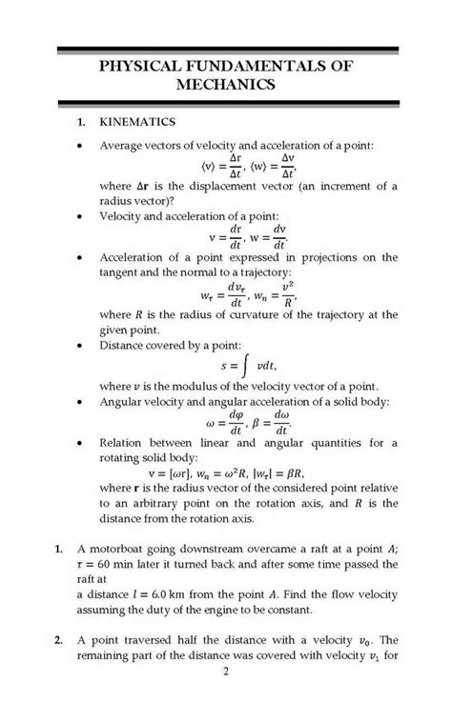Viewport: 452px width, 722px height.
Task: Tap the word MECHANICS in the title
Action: pyautogui.click(x=226, y=85)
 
